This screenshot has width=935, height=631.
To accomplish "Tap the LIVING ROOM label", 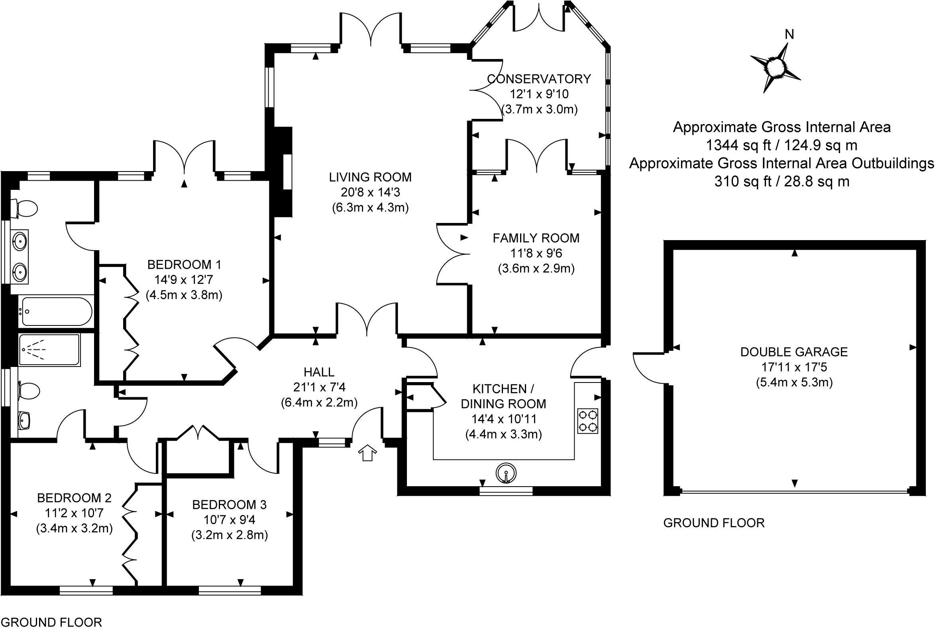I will tap(370, 177).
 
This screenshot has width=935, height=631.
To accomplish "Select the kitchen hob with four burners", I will tap(587, 421).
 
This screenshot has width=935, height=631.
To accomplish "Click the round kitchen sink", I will tap(506, 473).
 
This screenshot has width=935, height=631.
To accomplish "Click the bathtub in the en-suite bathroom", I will tap(56, 311).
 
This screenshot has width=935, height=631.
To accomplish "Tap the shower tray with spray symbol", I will tap(49, 350).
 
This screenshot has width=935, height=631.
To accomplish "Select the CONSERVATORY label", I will tap(539, 79).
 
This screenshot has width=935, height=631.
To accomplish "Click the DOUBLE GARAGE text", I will tap(794, 352).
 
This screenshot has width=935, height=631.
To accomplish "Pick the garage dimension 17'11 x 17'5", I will tap(794, 367).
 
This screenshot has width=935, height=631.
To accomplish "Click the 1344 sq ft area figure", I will tap(782, 145).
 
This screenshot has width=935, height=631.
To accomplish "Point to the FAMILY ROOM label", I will tap(536, 238).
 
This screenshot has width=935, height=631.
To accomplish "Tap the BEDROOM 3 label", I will tap(229, 505).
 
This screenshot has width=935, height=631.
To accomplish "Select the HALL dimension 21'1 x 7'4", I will tap(319, 387).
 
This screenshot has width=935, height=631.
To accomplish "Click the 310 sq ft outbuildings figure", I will tap(782, 181).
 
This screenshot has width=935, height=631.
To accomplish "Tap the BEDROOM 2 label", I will tap(74, 498).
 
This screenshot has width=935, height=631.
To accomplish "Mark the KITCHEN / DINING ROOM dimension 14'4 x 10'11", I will tap(503, 419).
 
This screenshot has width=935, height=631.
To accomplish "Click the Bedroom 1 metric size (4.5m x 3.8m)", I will tap(184, 295).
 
